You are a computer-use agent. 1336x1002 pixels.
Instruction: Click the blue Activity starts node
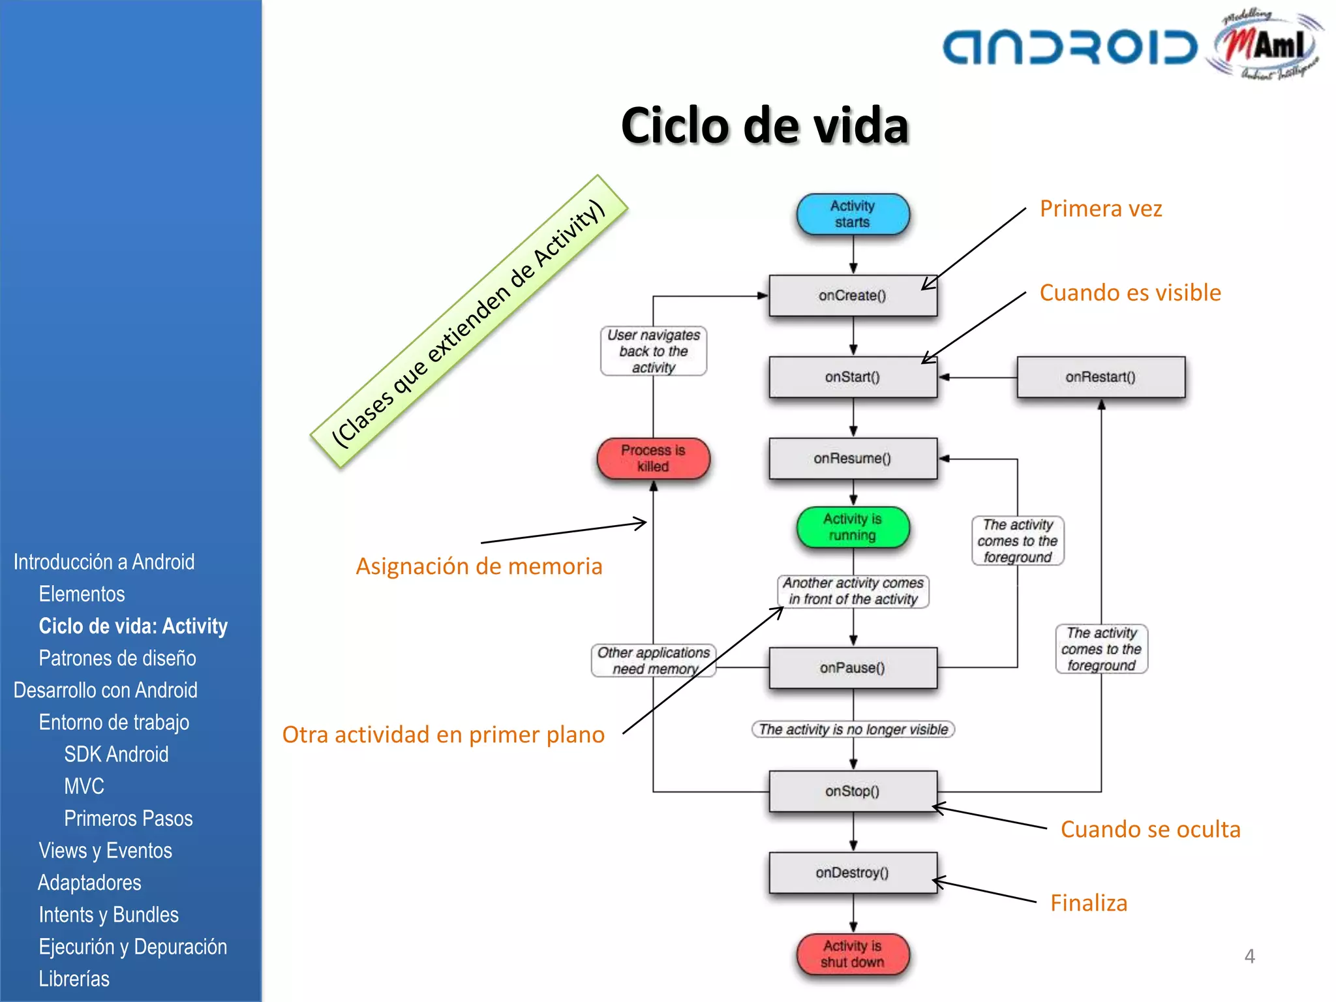852,214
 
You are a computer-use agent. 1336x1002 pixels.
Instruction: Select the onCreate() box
852,296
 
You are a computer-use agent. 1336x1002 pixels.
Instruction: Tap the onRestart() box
1101,377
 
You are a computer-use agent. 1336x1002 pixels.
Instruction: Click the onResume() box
852,459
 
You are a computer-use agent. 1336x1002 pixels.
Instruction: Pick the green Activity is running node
852,527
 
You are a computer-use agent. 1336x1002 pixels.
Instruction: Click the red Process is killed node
653,459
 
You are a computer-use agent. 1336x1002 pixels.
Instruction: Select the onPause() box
852,668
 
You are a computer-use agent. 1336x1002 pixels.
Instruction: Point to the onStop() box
852,791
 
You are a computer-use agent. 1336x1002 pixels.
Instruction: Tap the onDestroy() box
852,873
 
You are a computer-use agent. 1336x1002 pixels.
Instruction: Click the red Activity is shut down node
852,954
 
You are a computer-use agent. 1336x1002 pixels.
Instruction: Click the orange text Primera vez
1101,209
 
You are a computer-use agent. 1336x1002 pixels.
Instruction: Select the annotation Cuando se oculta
1150,829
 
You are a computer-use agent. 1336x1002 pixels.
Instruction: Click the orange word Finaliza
1088,903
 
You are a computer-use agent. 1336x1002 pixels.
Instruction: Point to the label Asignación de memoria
479,566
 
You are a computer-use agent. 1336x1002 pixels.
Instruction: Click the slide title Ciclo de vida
765,125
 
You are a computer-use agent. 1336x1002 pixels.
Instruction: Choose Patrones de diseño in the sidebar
117,658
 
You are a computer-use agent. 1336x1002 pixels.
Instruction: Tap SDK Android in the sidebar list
116,754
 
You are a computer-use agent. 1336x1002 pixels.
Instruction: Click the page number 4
1249,956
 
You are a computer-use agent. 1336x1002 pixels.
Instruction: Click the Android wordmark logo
1070,47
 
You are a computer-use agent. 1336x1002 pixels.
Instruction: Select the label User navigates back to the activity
653,351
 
